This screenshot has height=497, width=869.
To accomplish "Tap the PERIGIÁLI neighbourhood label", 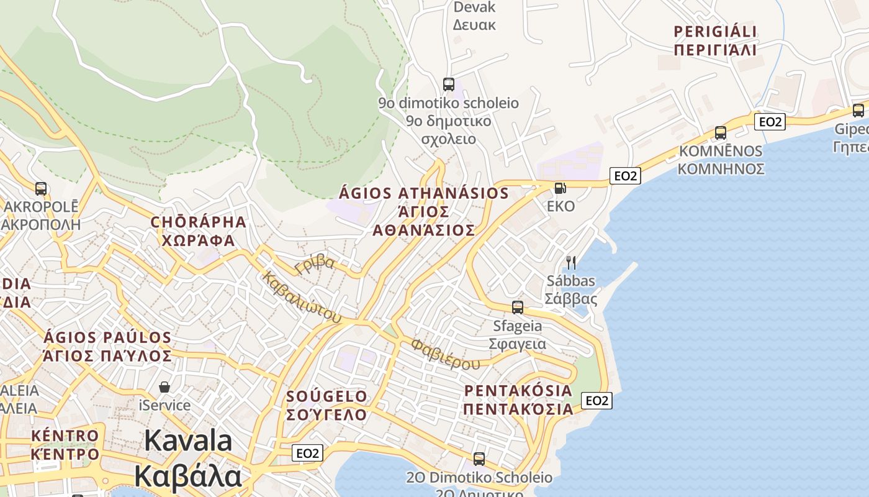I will pos(716,40).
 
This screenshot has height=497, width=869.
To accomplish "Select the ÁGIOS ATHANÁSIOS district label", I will pos(425,211).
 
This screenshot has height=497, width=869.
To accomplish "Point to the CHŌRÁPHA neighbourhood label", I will pos(199,231).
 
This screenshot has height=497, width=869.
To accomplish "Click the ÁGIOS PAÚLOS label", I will pos(107,347).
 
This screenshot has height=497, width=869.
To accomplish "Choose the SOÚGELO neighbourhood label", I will pos(326,405).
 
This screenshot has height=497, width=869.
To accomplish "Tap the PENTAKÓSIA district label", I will pos(518,399).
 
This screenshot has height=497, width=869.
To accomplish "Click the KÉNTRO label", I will pos(65,444).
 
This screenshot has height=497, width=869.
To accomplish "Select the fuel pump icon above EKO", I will pos(560,188).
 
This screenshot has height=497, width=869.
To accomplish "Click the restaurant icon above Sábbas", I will pos(571,262).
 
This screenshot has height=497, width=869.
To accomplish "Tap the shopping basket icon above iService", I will pos(164,387).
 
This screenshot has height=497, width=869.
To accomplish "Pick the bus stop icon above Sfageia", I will pos(517,307).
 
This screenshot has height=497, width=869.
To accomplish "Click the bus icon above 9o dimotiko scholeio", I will pos(448,84).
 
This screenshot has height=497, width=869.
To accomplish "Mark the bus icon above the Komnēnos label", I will pos(720,132).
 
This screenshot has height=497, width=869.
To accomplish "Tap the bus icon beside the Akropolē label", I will pos(41,188).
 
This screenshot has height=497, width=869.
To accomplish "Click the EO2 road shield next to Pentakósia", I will pos(597,401).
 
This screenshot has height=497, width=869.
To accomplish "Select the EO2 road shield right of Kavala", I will pos(307,454).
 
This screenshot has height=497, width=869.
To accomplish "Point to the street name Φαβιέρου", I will pos(445,353).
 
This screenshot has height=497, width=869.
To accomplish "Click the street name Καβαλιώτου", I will pos(302,297).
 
